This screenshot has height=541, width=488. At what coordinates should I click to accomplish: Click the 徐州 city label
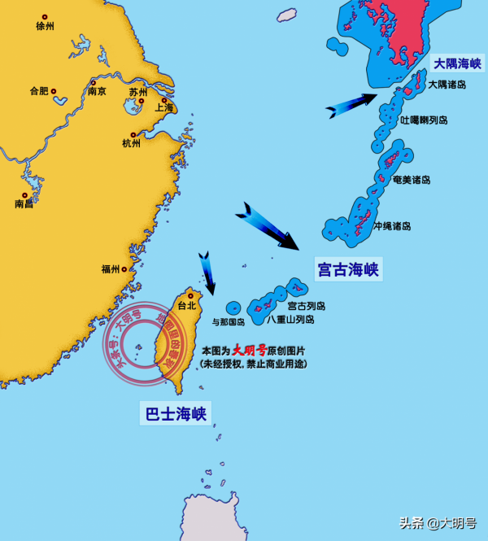coord(45,26)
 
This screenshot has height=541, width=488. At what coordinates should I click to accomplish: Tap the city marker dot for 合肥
coord(54,91)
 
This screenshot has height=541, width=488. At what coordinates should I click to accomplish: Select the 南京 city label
coord(97,91)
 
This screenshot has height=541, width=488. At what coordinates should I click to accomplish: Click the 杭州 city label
coord(131,143)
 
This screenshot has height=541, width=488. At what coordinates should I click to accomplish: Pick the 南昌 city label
coord(24,204)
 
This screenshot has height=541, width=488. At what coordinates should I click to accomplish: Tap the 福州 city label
coord(111,268)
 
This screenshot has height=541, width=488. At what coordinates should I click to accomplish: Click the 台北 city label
coord(186,306)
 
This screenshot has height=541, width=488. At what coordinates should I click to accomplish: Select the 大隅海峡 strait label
coord(456,63)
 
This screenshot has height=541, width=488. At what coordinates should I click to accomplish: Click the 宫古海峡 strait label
coord(348,269)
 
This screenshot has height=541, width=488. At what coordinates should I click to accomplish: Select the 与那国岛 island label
coord(229,321)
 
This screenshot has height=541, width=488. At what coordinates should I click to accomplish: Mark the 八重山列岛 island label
coord(290,320)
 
